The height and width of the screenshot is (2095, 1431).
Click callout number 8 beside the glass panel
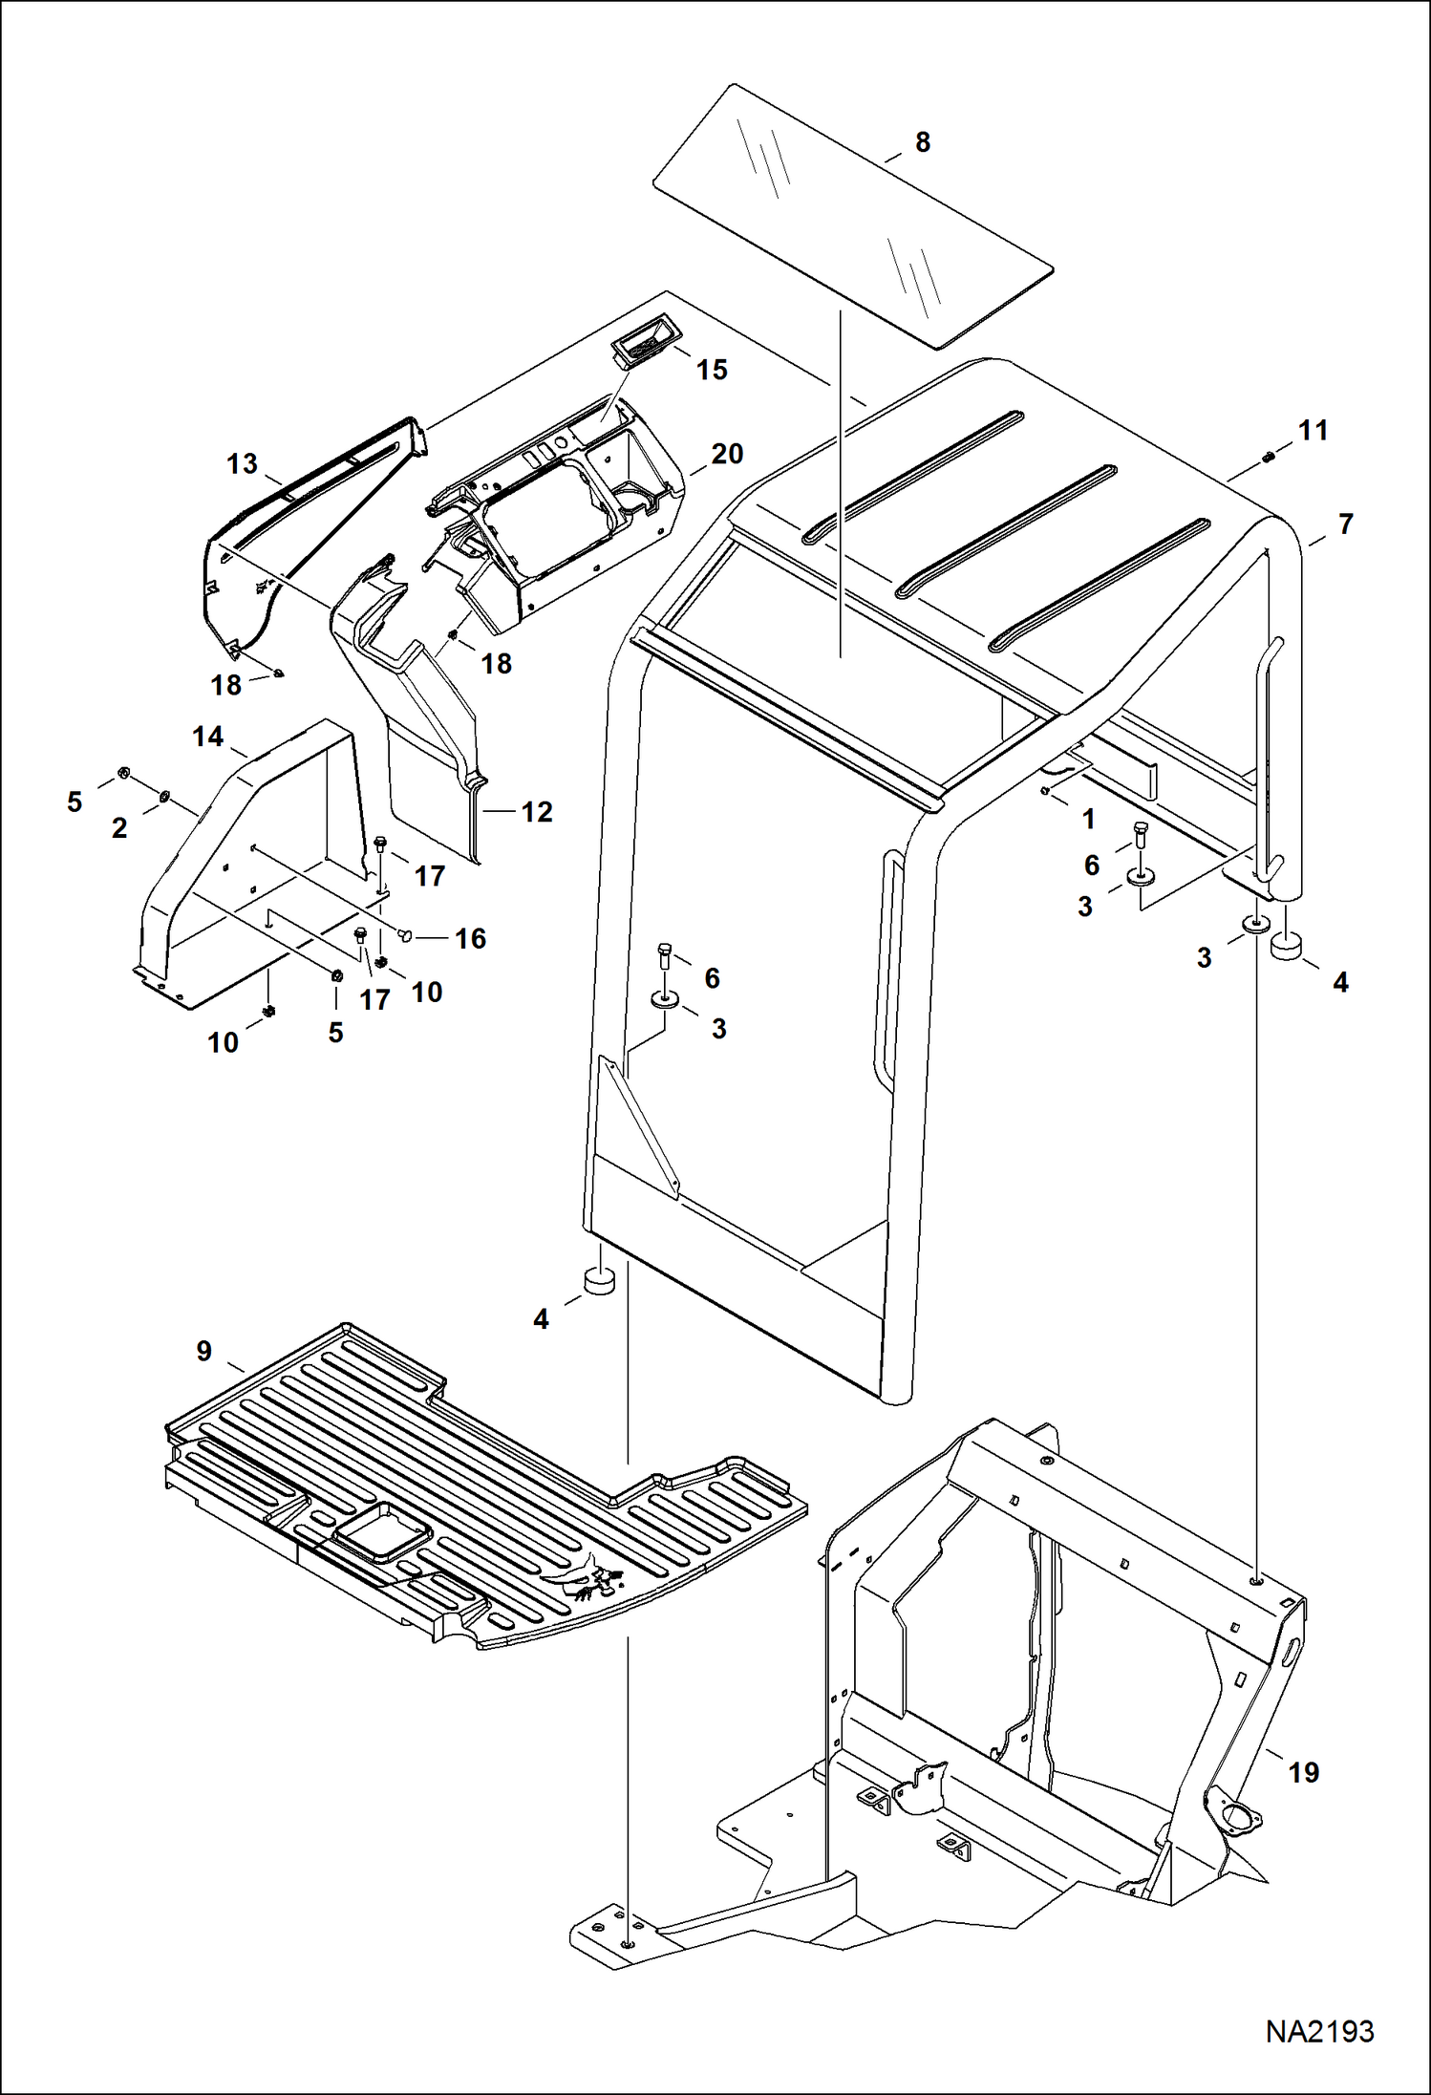(922, 142)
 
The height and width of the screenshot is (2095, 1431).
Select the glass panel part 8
(852, 216)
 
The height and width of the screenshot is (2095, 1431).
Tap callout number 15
(712, 370)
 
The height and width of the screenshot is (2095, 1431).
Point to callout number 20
(726, 454)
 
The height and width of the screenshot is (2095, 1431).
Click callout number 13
(242, 464)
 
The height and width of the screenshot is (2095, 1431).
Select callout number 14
(207, 737)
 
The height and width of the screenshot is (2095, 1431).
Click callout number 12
(537, 812)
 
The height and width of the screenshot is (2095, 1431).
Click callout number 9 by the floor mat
(203, 1351)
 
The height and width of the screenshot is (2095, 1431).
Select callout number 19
(1303, 1772)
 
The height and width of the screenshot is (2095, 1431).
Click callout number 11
(1314, 431)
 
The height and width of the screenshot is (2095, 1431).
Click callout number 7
(1345, 524)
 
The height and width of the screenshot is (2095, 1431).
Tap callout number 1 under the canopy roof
(1087, 819)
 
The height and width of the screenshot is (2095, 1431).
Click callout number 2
(119, 827)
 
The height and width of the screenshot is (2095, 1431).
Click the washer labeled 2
(165, 795)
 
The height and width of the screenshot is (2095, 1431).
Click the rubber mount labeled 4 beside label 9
(599, 1280)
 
